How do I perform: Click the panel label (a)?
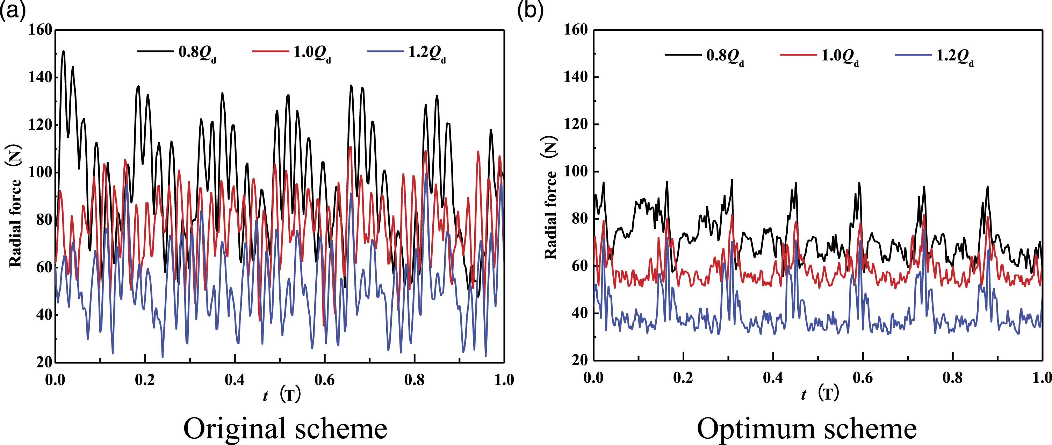13,10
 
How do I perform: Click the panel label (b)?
530,10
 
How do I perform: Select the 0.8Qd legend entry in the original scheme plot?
177,53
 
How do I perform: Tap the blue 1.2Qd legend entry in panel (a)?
407,53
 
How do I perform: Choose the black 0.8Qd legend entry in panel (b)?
705,56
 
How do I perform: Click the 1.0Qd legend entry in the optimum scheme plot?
820,56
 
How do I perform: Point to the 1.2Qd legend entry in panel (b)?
934,56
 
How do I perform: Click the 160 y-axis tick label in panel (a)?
40,29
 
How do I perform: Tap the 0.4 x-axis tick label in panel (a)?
235,380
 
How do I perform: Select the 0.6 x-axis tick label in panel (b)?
863,378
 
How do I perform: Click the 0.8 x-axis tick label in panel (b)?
953,378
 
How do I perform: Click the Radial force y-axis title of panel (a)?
15,206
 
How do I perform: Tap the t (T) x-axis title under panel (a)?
282,395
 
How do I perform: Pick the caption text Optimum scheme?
807,429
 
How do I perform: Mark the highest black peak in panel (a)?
63,51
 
